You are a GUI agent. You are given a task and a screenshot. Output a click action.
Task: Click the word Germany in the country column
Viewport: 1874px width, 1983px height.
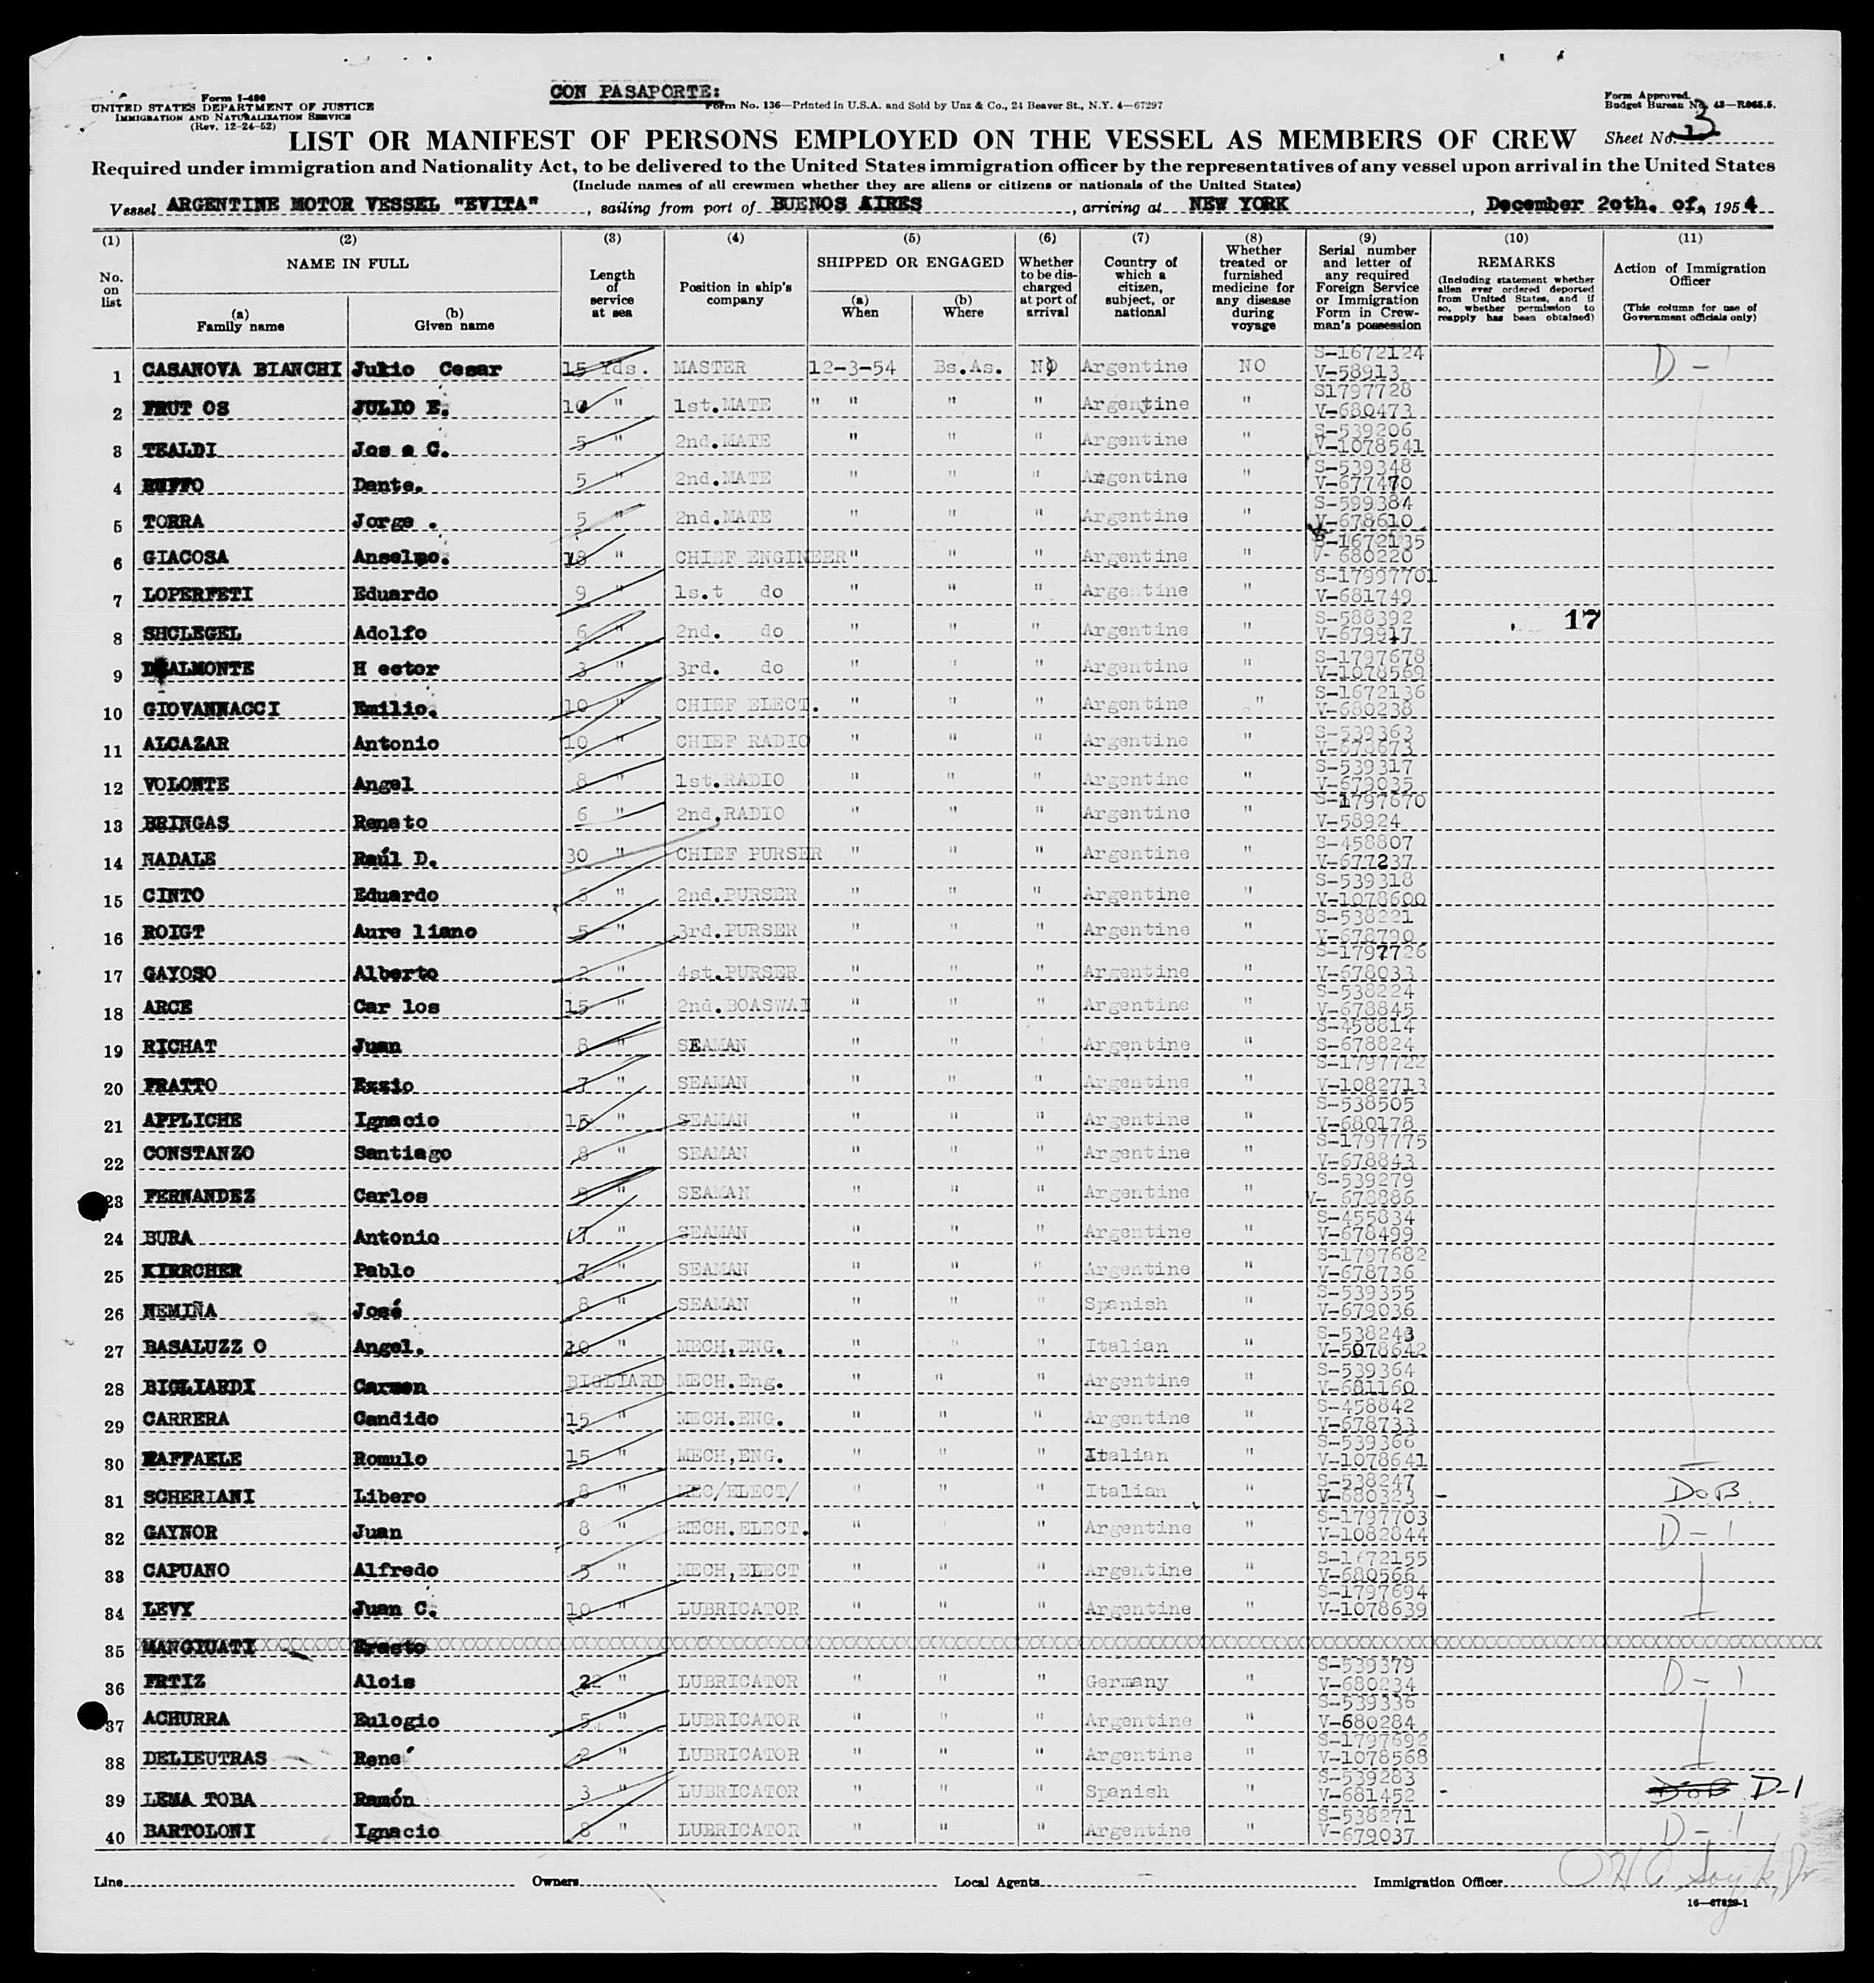(x=1126, y=1682)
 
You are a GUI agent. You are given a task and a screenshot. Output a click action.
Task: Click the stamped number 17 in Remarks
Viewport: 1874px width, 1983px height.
(x=1581, y=620)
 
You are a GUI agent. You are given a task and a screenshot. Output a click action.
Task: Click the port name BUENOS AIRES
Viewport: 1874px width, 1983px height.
(x=846, y=204)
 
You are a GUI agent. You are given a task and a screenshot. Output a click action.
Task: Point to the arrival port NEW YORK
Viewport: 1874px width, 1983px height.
(x=1237, y=204)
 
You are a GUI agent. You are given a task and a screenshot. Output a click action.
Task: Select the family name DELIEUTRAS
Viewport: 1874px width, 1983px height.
(x=205, y=1758)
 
